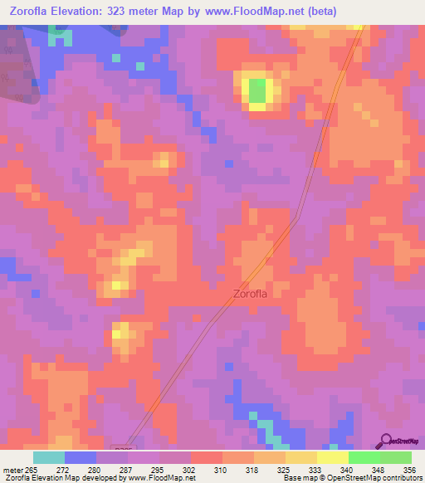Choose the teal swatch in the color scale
pyautogui.click(x=49, y=457)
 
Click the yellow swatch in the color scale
pyautogui.click(x=332, y=457)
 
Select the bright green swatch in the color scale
pyautogui.click(x=364, y=457)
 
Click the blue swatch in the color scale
pyautogui.click(x=81, y=457)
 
